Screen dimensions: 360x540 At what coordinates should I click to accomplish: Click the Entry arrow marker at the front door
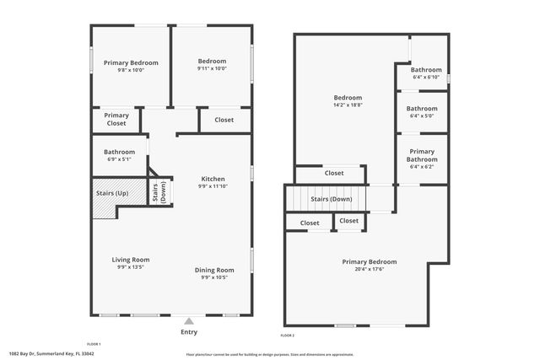tap(189, 320)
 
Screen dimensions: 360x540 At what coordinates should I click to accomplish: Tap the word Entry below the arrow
tap(189, 332)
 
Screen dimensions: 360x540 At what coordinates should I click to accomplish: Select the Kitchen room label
tap(213, 179)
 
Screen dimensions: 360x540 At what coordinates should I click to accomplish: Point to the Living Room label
tap(131, 260)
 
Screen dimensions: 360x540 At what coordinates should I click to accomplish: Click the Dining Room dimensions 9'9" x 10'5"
tap(214, 277)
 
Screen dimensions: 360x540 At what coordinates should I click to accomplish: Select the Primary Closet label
tap(116, 120)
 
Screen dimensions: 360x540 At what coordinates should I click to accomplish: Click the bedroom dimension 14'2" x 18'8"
tap(348, 105)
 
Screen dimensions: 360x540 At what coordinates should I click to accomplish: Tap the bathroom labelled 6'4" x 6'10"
tap(426, 78)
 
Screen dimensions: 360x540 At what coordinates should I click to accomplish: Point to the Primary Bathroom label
tap(422, 155)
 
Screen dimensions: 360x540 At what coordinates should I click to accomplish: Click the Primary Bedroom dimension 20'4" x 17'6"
tap(369, 270)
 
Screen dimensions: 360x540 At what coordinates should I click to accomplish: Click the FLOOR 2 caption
tap(288, 335)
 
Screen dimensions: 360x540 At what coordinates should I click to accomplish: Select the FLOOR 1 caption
tap(94, 344)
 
